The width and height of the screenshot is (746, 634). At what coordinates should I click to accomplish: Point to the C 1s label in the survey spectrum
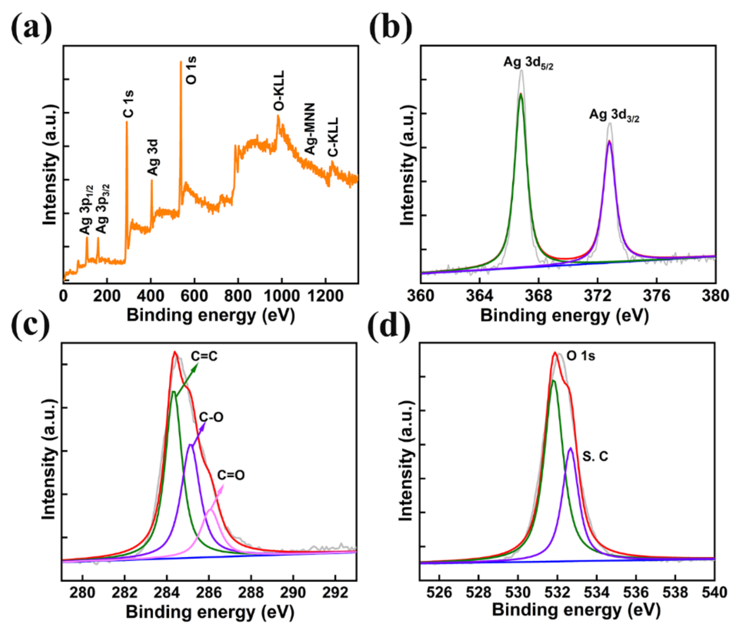pyautogui.click(x=128, y=104)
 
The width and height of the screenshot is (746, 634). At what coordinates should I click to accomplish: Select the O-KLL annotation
pyautogui.click(x=279, y=91)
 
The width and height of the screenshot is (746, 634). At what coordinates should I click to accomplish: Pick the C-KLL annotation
pyautogui.click(x=333, y=137)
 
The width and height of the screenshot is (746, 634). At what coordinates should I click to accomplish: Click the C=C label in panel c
pyautogui.click(x=204, y=356)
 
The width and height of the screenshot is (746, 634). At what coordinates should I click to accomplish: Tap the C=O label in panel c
pyautogui.click(x=231, y=475)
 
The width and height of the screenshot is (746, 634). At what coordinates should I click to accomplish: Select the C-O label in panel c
pyautogui.click(x=211, y=417)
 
